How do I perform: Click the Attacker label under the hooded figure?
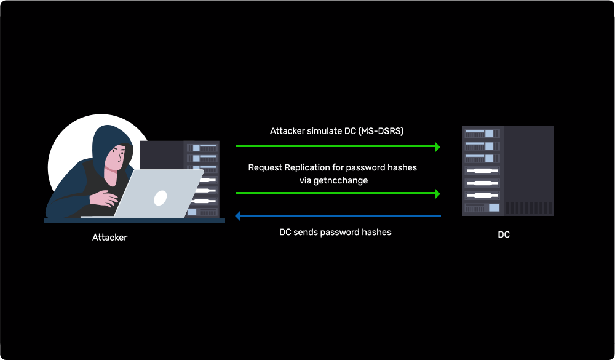click(x=109, y=238)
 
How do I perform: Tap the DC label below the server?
click(x=504, y=234)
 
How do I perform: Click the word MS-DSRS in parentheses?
click(x=380, y=131)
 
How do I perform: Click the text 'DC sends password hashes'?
click(x=335, y=232)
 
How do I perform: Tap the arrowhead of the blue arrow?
click(x=239, y=216)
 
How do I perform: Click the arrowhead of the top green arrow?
click(x=437, y=146)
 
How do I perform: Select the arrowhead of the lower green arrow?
click(x=437, y=194)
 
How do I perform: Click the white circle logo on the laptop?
click(x=160, y=197)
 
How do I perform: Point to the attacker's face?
click(x=117, y=157)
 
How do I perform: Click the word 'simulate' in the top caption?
click(x=327, y=131)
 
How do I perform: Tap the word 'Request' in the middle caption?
click(x=265, y=167)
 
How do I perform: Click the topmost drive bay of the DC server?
click(x=482, y=134)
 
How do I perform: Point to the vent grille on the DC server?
click(x=528, y=207)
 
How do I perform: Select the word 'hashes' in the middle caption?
click(x=402, y=167)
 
